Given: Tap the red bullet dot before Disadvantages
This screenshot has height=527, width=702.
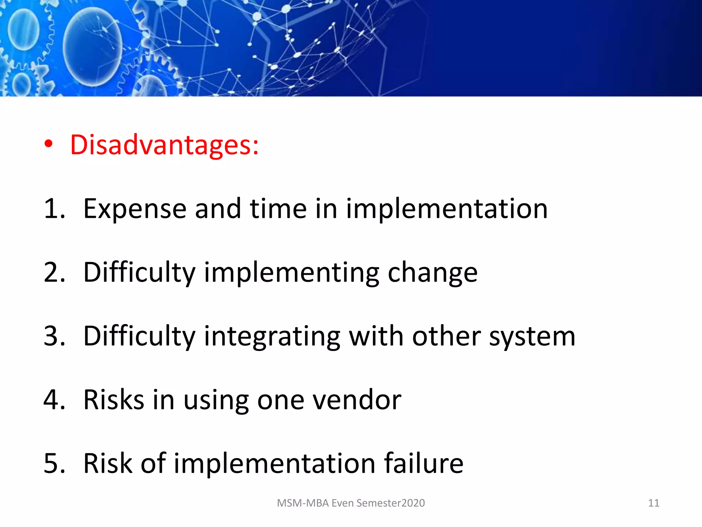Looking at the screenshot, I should coord(49,144).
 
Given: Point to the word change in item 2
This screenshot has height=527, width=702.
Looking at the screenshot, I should coord(432,273).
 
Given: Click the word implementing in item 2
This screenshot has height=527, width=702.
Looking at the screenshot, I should coord(292,273).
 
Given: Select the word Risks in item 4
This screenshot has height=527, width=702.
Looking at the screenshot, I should coord(114,400).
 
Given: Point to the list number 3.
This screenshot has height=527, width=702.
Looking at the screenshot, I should coord(54,336).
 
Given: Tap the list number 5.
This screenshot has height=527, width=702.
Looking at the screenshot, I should coord(54,464).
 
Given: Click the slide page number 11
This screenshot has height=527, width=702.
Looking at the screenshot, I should coord(653,503).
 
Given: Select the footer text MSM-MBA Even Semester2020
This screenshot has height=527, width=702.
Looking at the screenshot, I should coord(351,503).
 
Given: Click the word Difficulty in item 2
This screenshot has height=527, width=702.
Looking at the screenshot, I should coord(139,273).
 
